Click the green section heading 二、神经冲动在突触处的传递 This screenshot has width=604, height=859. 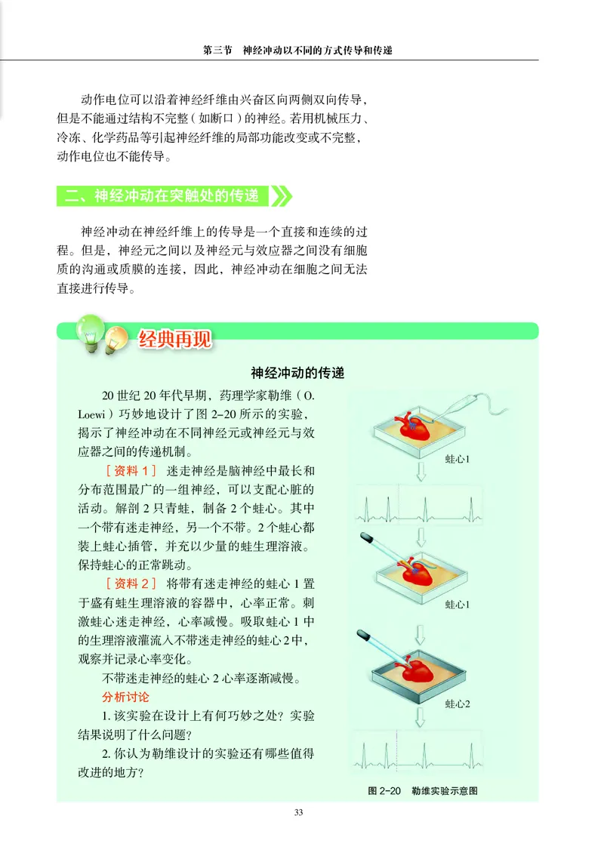tap(162, 196)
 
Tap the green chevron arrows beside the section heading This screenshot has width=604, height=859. tap(281, 196)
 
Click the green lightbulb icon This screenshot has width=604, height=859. tap(89, 333)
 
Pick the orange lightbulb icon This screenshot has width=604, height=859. tap(116, 340)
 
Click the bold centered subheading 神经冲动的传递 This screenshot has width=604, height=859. tap(297, 373)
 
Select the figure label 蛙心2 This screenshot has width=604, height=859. tap(457, 704)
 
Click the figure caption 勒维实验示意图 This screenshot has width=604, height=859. tap(445, 791)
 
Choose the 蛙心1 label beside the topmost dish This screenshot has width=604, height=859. tap(457, 458)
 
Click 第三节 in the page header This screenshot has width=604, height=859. tap(218, 51)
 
